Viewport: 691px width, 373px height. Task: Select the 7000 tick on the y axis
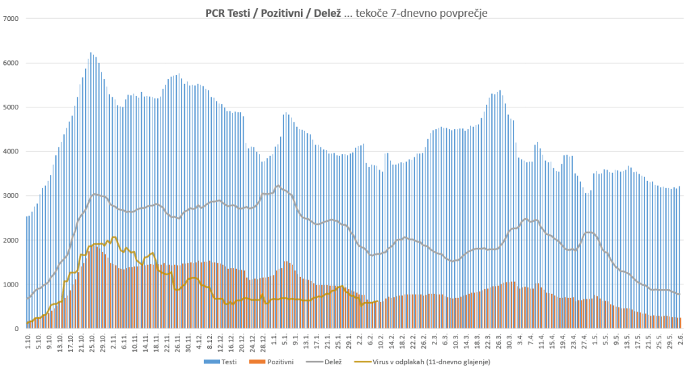coord(13,18)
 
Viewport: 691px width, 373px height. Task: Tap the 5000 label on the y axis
coord(13,107)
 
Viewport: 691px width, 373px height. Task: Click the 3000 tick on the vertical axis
coord(13,196)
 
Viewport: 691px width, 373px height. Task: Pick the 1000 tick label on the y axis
coord(13,284)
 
